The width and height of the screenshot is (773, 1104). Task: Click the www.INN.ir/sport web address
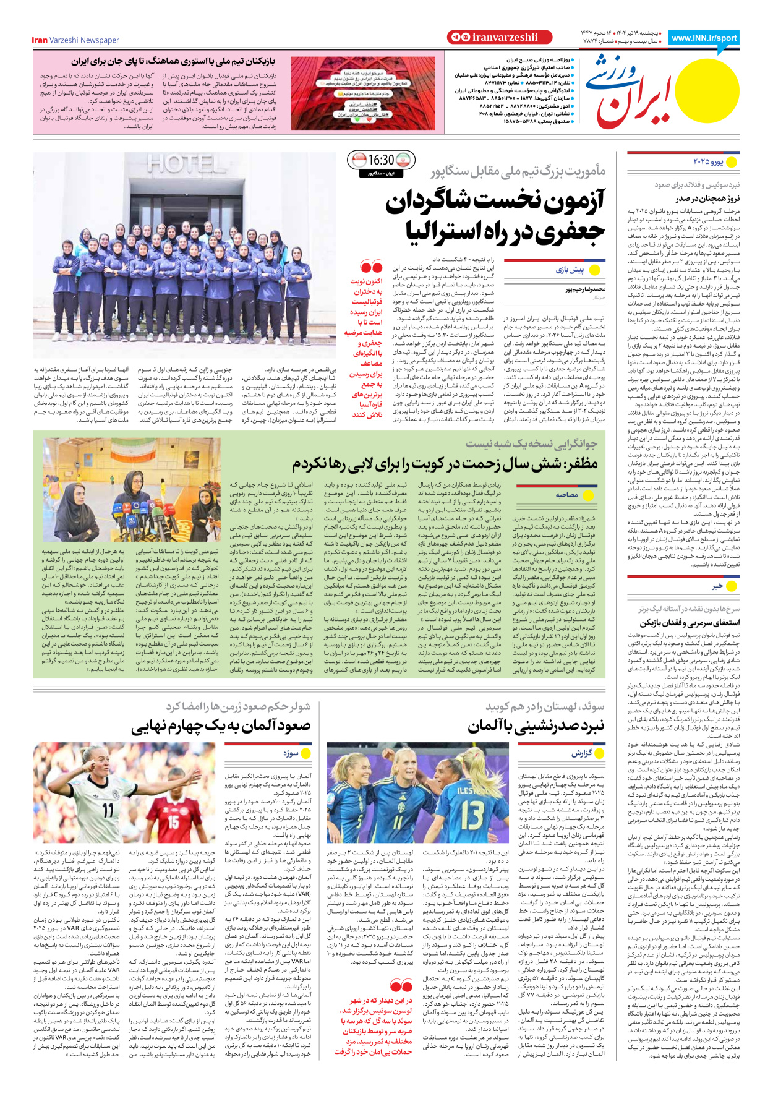[x=704, y=38]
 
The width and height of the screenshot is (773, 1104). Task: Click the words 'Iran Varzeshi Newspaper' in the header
[x=75, y=40]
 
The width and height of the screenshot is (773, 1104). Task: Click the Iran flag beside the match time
[x=403, y=160]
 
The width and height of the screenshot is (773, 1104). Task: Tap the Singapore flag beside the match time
[x=358, y=160]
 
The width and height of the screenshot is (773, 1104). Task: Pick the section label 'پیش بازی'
[x=570, y=270]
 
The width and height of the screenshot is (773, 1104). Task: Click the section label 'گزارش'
[x=581, y=753]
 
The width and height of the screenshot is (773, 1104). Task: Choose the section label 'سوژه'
[x=291, y=753]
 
